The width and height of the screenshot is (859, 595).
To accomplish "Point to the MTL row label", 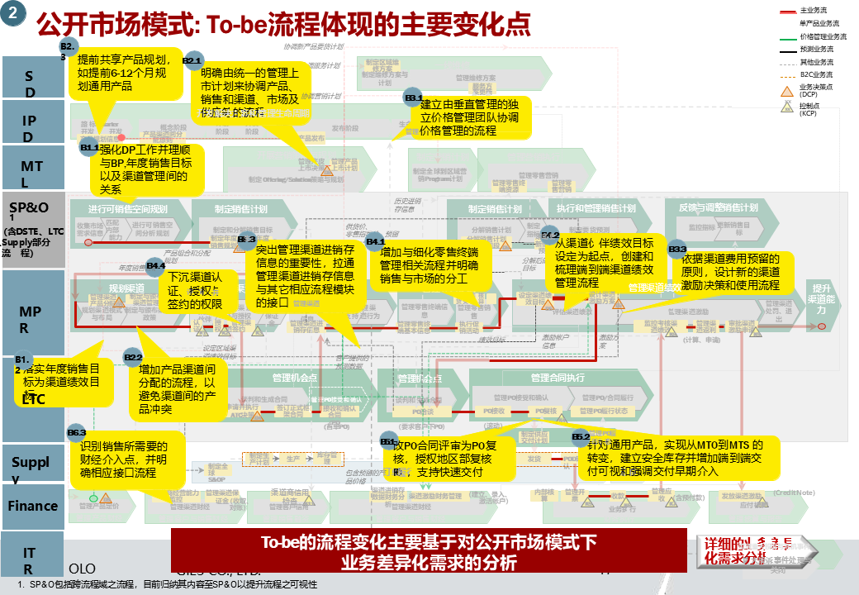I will click(31, 174).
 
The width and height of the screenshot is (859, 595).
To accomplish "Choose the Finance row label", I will click(32, 506).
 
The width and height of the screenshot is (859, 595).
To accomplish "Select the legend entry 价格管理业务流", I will click(823, 36).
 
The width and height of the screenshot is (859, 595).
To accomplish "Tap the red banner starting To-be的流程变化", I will click(429, 552).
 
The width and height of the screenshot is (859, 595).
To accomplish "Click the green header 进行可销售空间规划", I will click(128, 208).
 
